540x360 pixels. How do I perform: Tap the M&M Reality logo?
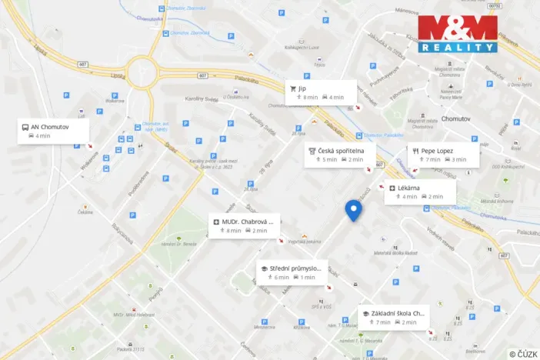click(457, 34)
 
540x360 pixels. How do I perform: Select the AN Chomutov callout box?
click(54, 131)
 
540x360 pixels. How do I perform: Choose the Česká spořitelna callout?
click(338, 155)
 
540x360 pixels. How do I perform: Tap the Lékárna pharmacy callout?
click(420, 192)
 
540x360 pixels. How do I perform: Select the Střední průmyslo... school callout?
click(292, 272)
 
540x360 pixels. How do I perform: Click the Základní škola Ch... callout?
click(394, 317)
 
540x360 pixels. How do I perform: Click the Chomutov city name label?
click(461, 119)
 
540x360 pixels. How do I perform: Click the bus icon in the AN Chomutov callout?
click(25, 127)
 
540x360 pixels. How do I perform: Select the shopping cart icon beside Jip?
click(293, 88)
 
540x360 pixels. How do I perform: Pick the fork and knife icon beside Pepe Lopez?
click(415, 151)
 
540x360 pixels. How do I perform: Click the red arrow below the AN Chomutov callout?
click(90, 145)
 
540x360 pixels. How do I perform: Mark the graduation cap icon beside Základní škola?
click(365, 313)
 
